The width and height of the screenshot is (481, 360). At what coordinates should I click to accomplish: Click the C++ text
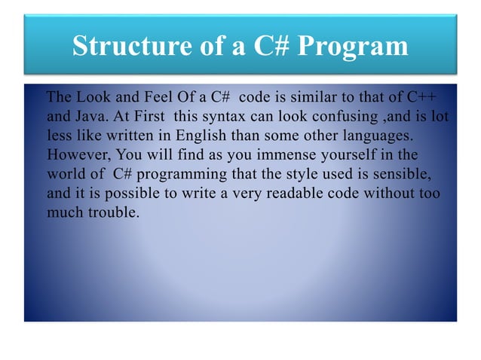pyautogui.click(x=421, y=99)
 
